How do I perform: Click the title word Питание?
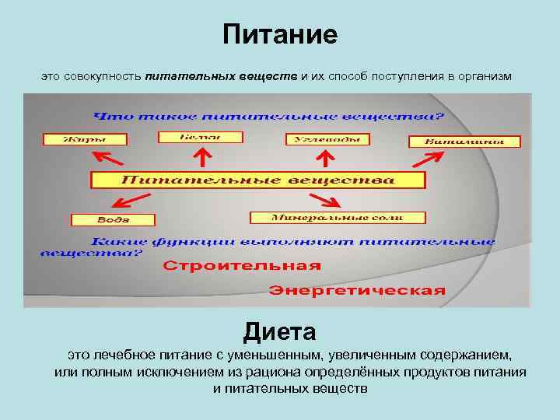pyautogui.click(x=280, y=35)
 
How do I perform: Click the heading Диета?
pyautogui.click(x=279, y=332)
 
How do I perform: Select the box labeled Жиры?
pyautogui.click(x=75, y=140)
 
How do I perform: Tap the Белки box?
pyautogui.click(x=200, y=137)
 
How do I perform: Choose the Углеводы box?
pyautogui.click(x=326, y=139)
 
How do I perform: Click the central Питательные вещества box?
pyautogui.click(x=258, y=180)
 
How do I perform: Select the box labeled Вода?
pyautogui.click(x=113, y=220)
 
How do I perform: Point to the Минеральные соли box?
pyautogui.click(x=337, y=218)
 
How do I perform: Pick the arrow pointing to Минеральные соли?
pyautogui.click(x=327, y=200)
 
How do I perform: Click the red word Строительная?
pyautogui.click(x=242, y=265)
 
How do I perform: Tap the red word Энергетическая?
pyautogui.click(x=357, y=291)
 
